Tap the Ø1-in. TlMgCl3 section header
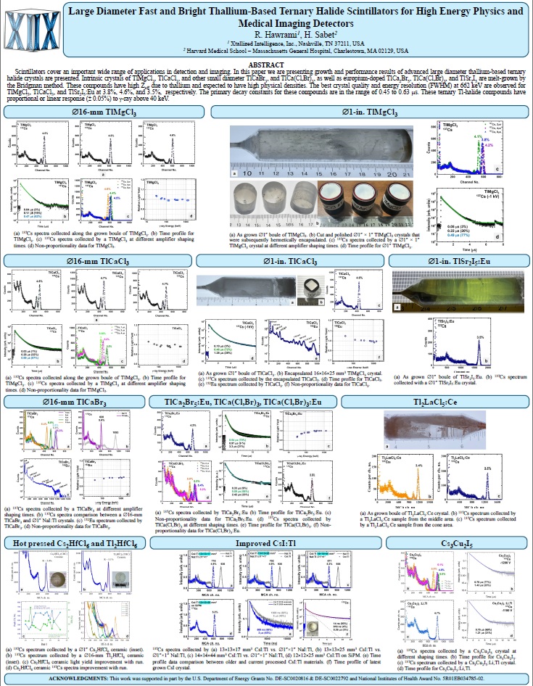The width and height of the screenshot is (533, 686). [x=370, y=112]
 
